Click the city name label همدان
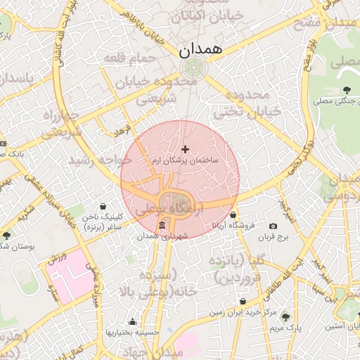click(x=200, y=50)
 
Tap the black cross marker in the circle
click(x=186, y=149)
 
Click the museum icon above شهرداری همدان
click(x=163, y=225)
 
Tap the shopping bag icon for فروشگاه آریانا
click(x=233, y=215)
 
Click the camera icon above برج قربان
click(x=273, y=226)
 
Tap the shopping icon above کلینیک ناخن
click(x=104, y=207)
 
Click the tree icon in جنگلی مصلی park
click(x=347, y=89)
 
